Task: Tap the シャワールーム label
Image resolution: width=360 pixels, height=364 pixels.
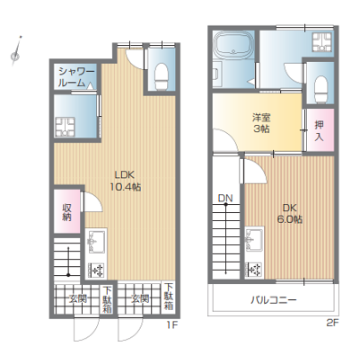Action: point(76,76)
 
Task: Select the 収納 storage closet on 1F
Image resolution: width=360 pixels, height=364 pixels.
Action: point(67,211)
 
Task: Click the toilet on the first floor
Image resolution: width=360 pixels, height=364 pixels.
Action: point(162,76)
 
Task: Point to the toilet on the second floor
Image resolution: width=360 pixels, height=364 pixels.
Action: point(321,89)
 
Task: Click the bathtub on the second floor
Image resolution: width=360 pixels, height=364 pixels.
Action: point(233,45)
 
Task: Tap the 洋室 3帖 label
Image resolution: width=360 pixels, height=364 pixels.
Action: point(261,123)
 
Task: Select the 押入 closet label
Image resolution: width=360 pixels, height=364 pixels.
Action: point(319,130)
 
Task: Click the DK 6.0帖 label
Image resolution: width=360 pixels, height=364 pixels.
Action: point(289,213)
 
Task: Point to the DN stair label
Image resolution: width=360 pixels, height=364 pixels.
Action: point(225,198)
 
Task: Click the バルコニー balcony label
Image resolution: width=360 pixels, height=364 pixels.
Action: point(273,299)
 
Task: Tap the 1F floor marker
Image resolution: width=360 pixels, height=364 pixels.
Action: point(172,324)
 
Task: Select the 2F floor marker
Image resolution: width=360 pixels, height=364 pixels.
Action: point(332,323)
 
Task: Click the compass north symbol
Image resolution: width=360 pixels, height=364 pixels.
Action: point(16,50)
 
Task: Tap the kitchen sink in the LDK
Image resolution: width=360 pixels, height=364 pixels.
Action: point(95,242)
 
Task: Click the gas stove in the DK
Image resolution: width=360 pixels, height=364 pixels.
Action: point(253,270)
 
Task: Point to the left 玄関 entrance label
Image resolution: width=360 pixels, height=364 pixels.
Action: point(77,298)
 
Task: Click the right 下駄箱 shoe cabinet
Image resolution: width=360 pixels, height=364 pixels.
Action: point(169,297)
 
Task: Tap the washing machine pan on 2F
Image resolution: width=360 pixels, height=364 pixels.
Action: point(322,42)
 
